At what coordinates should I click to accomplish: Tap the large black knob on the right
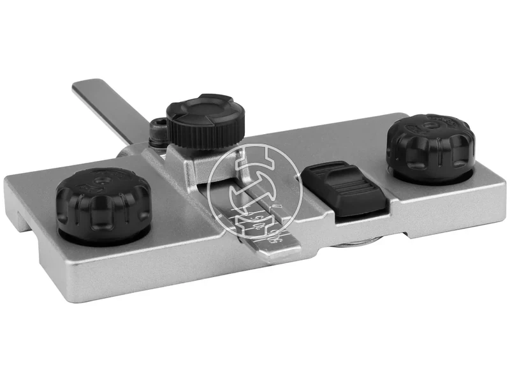click(x=430, y=146)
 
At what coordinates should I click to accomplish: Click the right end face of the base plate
click(x=500, y=204)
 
